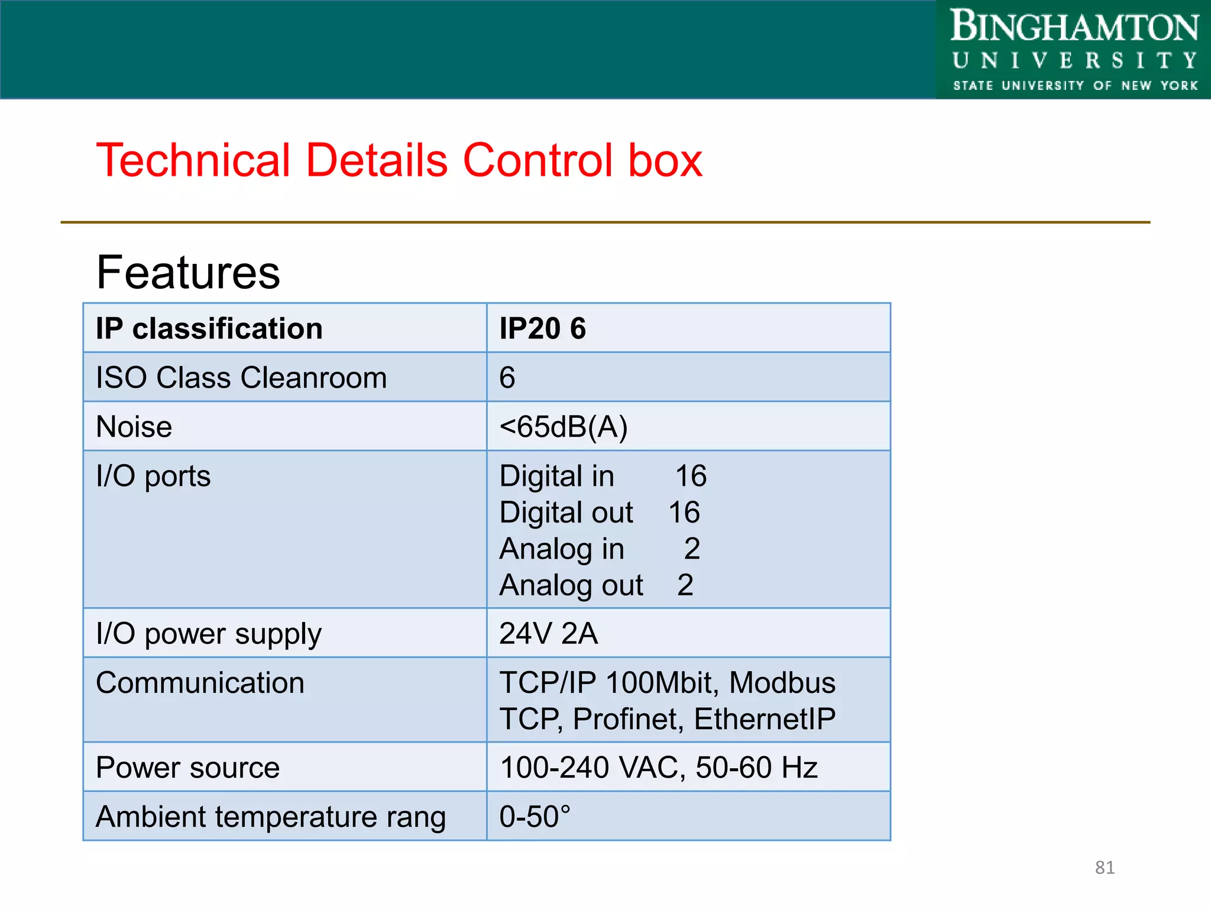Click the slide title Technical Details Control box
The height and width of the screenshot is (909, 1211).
click(399, 160)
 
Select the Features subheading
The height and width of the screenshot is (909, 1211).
click(188, 272)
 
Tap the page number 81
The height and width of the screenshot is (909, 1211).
click(1105, 868)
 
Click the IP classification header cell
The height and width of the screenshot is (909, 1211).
click(209, 328)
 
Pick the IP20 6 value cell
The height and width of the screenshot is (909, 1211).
click(542, 328)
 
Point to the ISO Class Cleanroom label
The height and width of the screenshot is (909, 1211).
click(241, 378)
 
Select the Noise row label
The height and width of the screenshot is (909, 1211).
click(134, 427)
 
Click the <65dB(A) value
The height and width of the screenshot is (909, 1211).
click(563, 427)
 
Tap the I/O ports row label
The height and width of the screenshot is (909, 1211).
click(153, 476)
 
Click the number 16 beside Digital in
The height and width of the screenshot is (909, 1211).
click(691, 476)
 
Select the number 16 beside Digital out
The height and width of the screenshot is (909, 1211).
click(684, 512)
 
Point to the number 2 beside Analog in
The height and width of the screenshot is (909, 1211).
click(692, 549)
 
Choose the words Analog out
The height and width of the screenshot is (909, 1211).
click(571, 585)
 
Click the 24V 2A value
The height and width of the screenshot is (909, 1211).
click(548, 634)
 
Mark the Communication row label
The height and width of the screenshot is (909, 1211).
click(200, 683)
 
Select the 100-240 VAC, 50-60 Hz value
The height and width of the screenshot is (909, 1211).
click(658, 768)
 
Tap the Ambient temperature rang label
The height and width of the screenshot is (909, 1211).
click(270, 817)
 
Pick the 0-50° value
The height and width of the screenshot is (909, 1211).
click(535, 817)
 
